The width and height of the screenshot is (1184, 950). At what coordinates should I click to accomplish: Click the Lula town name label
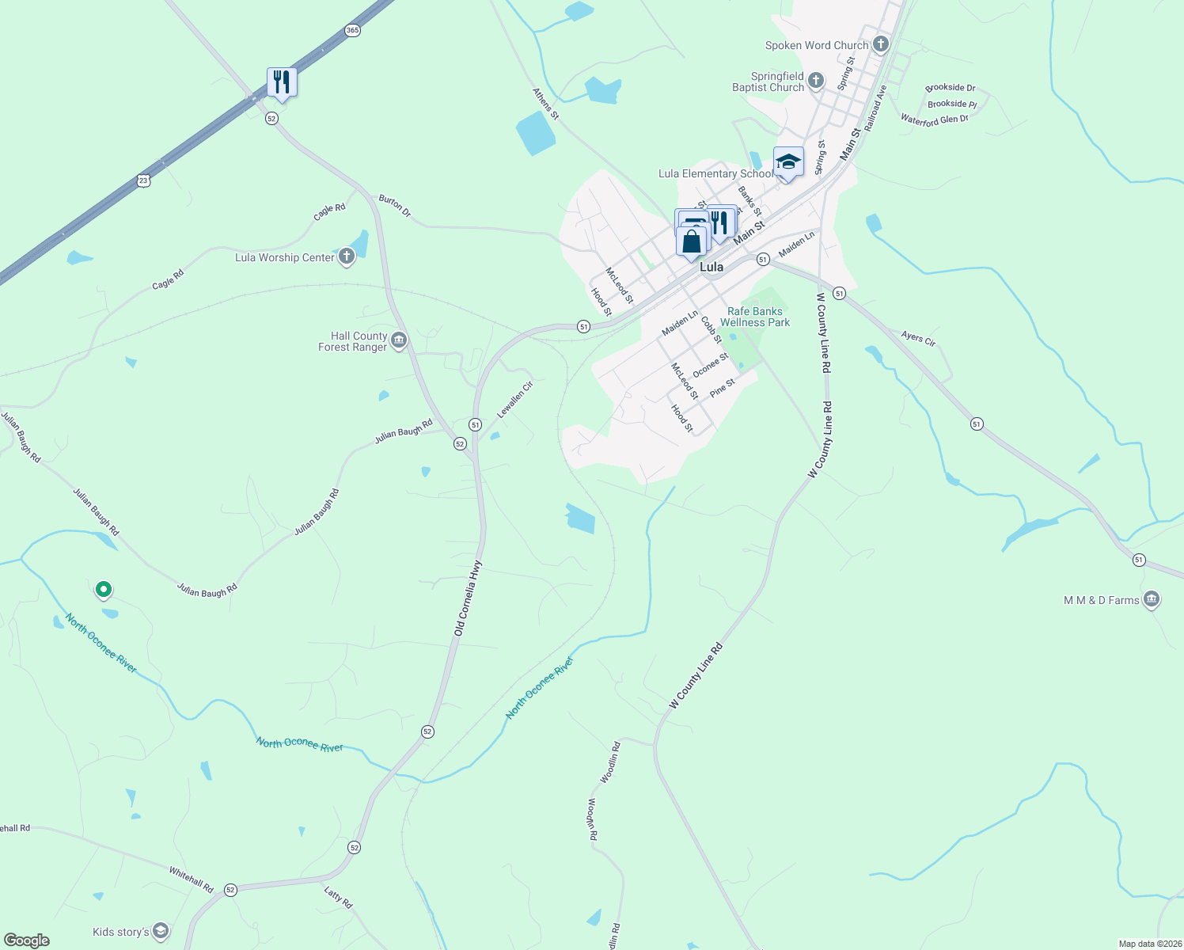[711, 268]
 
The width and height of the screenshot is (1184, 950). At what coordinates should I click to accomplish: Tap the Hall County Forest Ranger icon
[399, 341]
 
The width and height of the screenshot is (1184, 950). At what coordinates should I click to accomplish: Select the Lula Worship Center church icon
[347, 256]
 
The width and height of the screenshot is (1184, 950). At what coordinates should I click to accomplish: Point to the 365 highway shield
[352, 30]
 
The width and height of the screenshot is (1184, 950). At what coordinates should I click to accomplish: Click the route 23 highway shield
[142, 180]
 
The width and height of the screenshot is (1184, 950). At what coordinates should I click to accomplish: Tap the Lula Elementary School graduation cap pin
[788, 162]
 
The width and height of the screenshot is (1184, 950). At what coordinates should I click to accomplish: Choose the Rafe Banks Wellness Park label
[755, 317]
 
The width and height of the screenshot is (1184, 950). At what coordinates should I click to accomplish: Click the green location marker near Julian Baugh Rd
[103, 589]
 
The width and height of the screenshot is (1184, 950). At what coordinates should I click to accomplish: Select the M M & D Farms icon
[1152, 599]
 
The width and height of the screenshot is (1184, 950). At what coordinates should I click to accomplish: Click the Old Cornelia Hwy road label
[468, 598]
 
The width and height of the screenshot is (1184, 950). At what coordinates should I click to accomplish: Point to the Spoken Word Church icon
[881, 44]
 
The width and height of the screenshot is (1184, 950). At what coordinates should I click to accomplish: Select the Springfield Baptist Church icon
[816, 81]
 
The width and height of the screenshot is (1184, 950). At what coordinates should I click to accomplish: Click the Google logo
[27, 940]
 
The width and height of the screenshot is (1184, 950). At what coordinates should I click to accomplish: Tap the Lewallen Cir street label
[515, 400]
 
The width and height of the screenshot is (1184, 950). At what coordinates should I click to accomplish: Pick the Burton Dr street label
[395, 206]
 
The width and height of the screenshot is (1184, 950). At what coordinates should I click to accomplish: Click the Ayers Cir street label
[918, 339]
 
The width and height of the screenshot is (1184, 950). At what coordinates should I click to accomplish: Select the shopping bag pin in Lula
[692, 241]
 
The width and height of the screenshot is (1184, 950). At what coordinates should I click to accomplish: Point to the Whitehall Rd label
[191, 880]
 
